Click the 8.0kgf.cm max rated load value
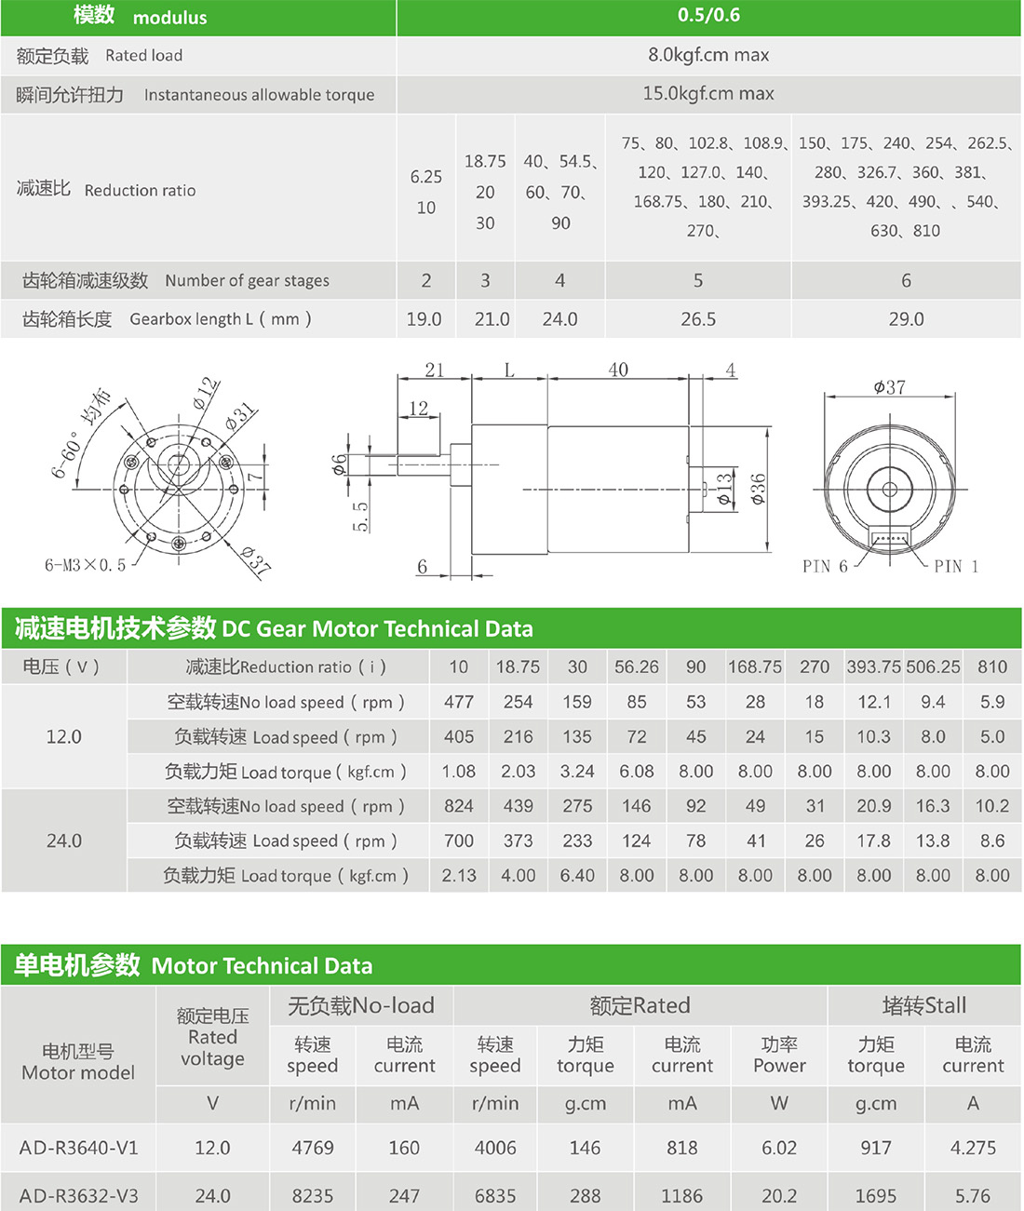click(x=708, y=55)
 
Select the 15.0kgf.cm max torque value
click(x=708, y=94)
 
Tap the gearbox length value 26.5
click(x=698, y=319)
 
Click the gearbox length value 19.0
click(x=424, y=319)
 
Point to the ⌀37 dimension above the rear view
click(x=889, y=387)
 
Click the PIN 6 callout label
click(x=825, y=566)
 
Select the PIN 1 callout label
click(x=956, y=566)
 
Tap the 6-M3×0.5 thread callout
click(x=85, y=565)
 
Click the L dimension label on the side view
click(x=509, y=370)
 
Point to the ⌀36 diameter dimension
click(x=759, y=489)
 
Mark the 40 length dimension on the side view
click(x=618, y=370)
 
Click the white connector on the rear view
click(x=890, y=538)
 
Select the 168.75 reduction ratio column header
click(x=755, y=666)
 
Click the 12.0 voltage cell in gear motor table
click(x=64, y=736)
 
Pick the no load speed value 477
click(x=459, y=702)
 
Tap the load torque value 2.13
click(x=459, y=875)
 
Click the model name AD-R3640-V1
click(x=78, y=1148)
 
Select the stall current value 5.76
click(x=973, y=1195)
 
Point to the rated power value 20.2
click(x=779, y=1195)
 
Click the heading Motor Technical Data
click(x=262, y=966)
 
